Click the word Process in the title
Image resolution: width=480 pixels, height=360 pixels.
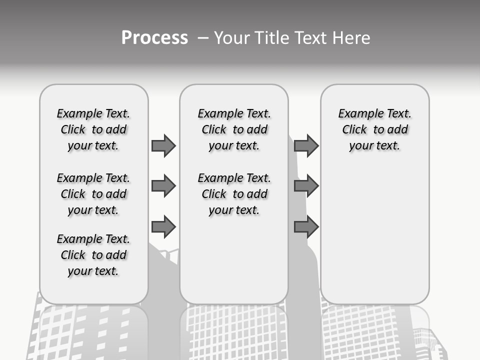(x=154, y=38)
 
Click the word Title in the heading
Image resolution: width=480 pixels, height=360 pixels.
(x=271, y=38)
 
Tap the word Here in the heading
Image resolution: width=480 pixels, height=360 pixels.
(x=351, y=38)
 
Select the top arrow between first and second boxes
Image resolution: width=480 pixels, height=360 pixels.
(x=163, y=145)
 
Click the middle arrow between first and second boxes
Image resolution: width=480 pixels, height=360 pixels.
(x=163, y=186)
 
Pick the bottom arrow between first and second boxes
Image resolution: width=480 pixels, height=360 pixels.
(x=163, y=227)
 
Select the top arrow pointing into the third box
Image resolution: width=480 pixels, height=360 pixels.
(x=306, y=145)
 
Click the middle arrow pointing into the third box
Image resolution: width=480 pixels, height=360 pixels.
(x=306, y=186)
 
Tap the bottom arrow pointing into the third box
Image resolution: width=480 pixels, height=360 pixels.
(x=306, y=227)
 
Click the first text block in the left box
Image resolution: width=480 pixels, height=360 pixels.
(x=93, y=129)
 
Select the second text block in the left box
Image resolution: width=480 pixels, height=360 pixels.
(x=93, y=194)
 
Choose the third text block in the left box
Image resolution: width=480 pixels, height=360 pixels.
(x=93, y=255)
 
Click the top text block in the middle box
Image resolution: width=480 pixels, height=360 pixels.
(x=234, y=129)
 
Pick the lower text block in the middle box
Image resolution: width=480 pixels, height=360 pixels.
(x=234, y=194)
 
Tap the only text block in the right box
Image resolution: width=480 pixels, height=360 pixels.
(x=374, y=129)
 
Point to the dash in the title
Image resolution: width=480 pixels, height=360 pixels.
(x=202, y=38)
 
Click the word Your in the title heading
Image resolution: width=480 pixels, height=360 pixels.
(x=231, y=38)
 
